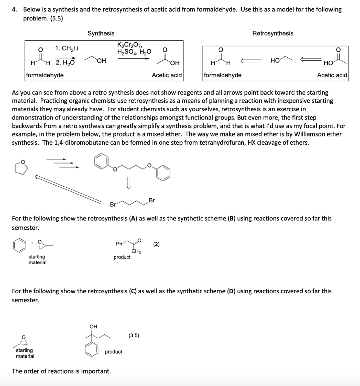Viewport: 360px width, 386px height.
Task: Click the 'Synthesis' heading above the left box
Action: tap(101, 33)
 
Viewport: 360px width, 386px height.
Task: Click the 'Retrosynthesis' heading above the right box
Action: tap(272, 33)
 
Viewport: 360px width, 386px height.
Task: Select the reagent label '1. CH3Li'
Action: tap(67, 48)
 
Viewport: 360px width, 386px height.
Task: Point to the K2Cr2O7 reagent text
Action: tap(130, 45)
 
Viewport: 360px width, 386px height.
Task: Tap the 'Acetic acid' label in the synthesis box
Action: tap(166, 75)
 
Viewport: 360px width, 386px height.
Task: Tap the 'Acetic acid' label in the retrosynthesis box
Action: tap(332, 75)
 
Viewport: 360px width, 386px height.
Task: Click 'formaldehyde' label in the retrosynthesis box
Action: tap(223, 75)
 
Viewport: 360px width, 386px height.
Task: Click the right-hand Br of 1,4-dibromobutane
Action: tap(152, 200)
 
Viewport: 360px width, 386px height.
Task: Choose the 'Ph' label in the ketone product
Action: tap(119, 244)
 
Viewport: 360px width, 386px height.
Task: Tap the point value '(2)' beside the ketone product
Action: tap(156, 244)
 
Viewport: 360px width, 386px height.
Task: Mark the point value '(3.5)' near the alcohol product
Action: tap(134, 334)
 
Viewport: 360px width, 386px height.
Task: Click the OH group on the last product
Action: tap(93, 326)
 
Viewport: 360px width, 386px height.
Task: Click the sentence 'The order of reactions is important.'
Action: tap(61, 371)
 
